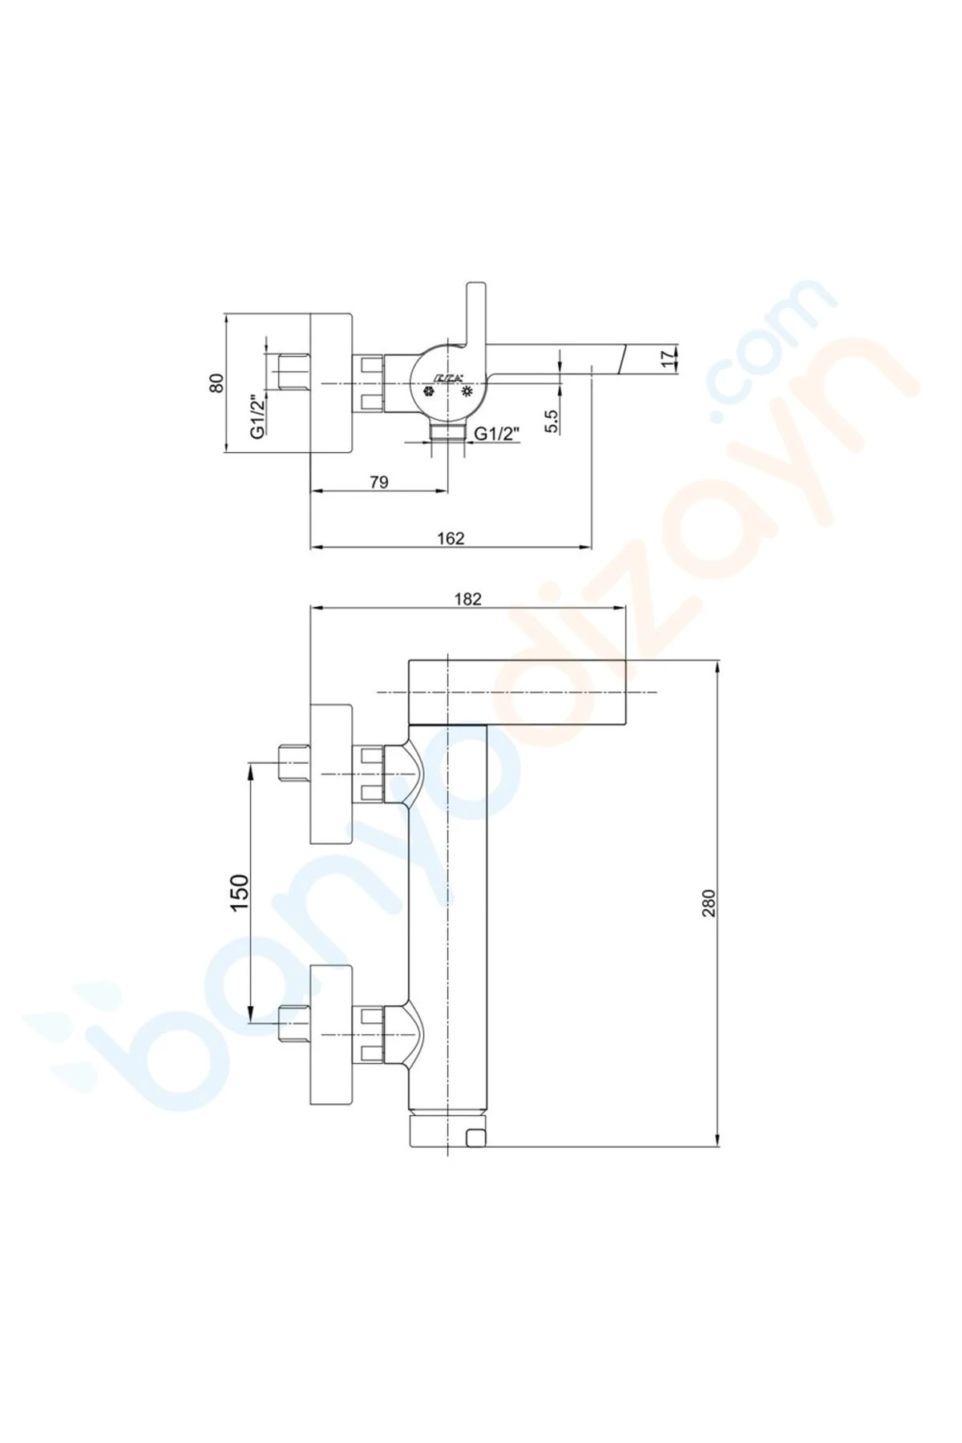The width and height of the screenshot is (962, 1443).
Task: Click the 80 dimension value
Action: [216, 382]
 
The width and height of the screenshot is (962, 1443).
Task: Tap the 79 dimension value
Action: [379, 482]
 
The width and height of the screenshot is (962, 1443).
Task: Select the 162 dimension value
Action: [451, 539]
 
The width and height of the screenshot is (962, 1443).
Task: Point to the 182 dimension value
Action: [467, 599]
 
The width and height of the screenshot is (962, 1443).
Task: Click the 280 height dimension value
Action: [709, 903]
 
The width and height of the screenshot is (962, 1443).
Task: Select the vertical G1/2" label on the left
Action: [257, 416]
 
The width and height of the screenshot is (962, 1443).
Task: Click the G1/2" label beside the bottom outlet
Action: [497, 434]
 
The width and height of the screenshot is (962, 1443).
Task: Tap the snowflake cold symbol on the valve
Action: [429, 392]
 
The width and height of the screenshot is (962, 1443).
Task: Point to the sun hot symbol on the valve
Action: [467, 392]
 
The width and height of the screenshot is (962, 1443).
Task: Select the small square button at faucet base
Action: [476, 1137]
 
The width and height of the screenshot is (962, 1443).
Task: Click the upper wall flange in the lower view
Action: [331, 774]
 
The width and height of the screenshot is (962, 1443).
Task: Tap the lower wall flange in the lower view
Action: [331, 1035]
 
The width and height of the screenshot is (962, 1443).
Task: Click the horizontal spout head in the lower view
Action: [517, 690]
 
